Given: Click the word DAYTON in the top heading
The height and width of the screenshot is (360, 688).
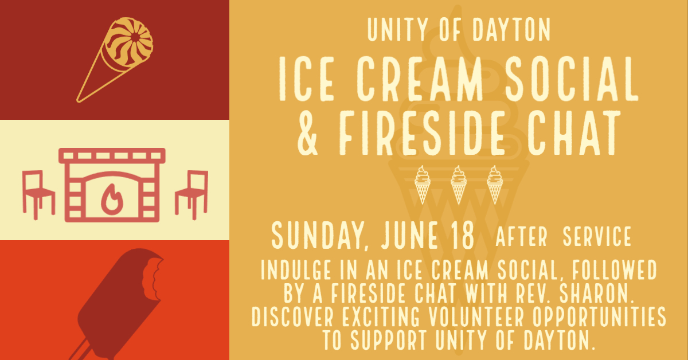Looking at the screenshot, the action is [511, 29].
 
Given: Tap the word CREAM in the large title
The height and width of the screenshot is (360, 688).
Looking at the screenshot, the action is [420, 79].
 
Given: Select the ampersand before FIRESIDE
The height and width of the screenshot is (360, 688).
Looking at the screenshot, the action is [307, 132].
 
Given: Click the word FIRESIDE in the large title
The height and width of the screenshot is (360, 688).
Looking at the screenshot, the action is [422, 132].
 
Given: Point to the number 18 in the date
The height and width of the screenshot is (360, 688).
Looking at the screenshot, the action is [463, 235].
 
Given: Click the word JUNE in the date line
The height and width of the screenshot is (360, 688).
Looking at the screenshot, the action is [409, 235].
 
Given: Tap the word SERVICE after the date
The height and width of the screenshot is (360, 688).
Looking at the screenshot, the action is [597, 237].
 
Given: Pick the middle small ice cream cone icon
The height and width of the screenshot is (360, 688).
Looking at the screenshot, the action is [459, 185].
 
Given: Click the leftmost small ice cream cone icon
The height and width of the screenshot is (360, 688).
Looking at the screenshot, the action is [423, 185].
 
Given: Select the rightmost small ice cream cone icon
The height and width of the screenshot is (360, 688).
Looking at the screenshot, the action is [495, 185].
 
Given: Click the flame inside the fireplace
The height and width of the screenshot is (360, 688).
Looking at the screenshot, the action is [112, 199].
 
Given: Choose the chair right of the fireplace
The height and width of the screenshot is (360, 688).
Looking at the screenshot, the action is [191, 195].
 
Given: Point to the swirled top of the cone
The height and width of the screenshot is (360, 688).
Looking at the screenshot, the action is [128, 42].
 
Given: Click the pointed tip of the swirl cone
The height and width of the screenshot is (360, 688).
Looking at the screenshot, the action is [78, 100].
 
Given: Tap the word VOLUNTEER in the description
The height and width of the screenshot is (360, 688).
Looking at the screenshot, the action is [476, 316].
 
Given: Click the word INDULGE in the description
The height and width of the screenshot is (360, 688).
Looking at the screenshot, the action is [296, 269].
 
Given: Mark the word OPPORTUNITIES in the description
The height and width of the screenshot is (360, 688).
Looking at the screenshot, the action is [599, 316].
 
